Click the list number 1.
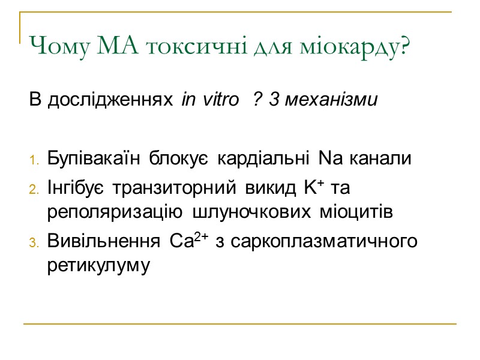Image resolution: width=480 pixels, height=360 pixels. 34,160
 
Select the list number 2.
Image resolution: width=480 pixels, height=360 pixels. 34,190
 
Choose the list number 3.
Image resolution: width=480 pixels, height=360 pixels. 34,242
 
